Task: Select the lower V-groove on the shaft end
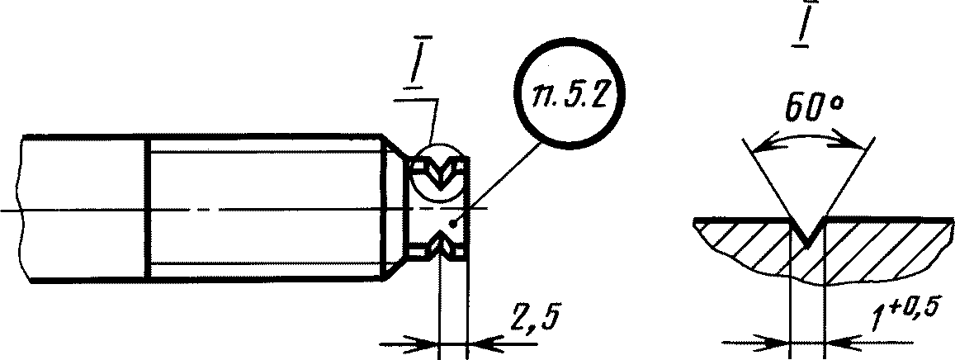pyautogui.click(x=440, y=248)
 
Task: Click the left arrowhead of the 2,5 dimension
pyautogui.click(x=427, y=344)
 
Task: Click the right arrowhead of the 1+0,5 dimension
pyautogui.click(x=838, y=344)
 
